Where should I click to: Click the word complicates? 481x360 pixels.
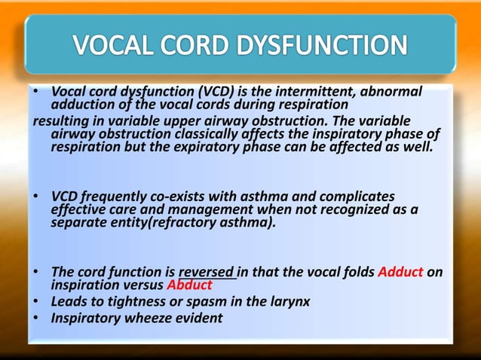point(351,197)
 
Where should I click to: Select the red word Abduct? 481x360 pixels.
point(189,285)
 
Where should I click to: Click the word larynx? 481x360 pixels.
point(290,301)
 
